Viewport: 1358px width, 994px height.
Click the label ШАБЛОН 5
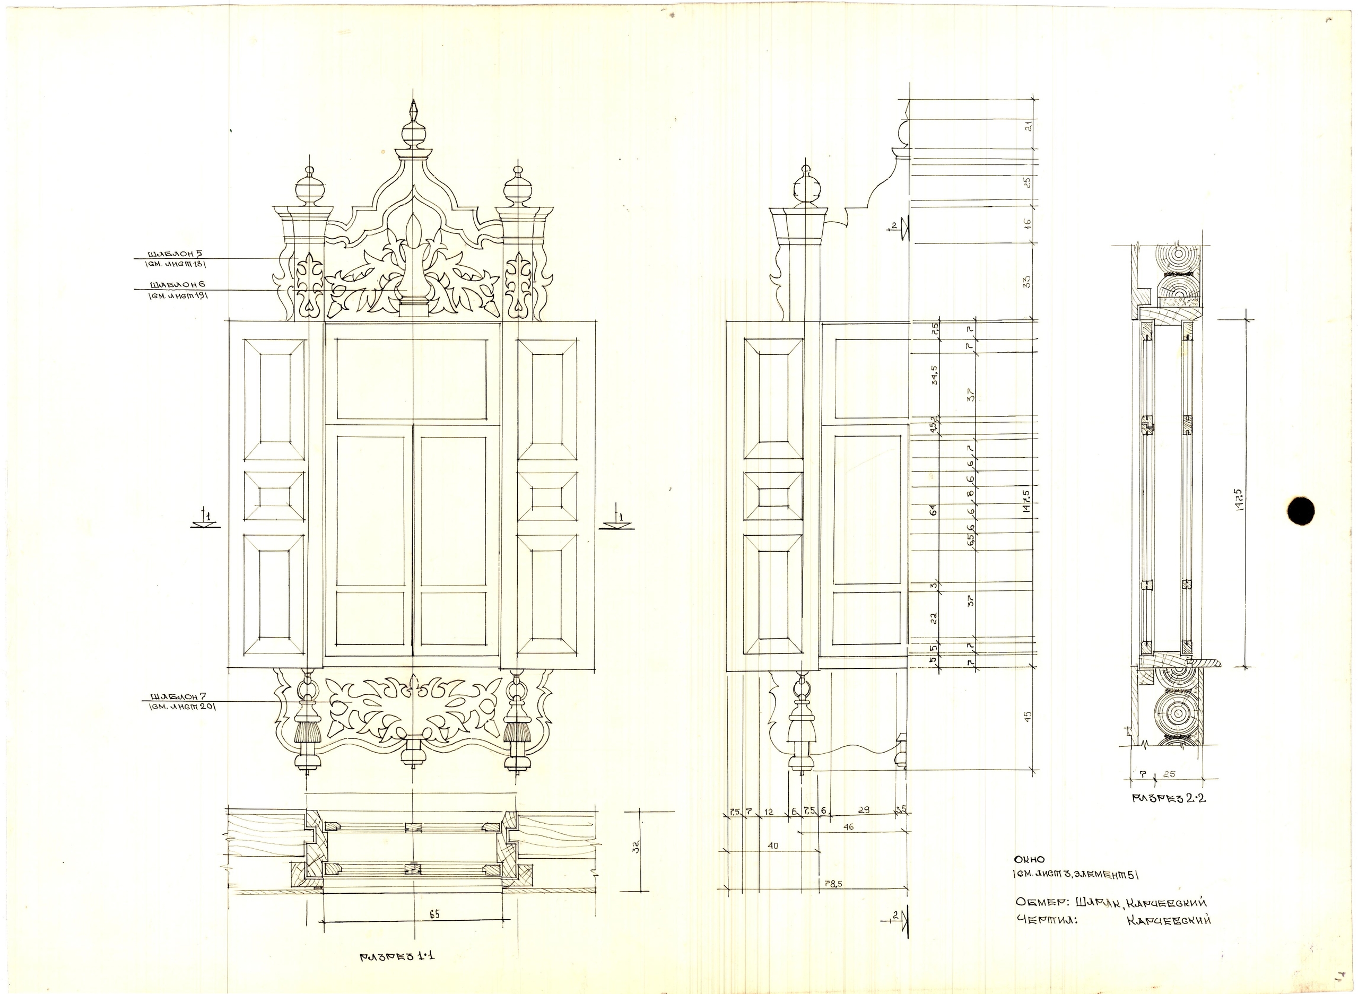[x=169, y=254]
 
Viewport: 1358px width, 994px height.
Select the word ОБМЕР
[x=1041, y=902]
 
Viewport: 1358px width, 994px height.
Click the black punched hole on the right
[x=1300, y=511]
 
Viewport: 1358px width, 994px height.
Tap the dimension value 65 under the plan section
[x=434, y=914]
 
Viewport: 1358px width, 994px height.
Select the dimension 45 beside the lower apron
[x=1028, y=717]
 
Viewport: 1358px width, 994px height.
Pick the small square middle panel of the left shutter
[x=274, y=496]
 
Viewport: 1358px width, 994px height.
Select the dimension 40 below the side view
[x=773, y=845]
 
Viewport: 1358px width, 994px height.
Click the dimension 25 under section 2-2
[x=1170, y=774]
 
